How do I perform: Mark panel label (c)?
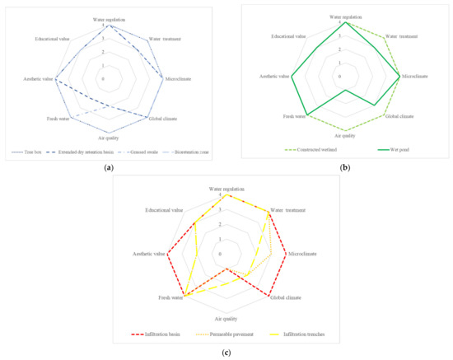(x=226, y=353)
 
